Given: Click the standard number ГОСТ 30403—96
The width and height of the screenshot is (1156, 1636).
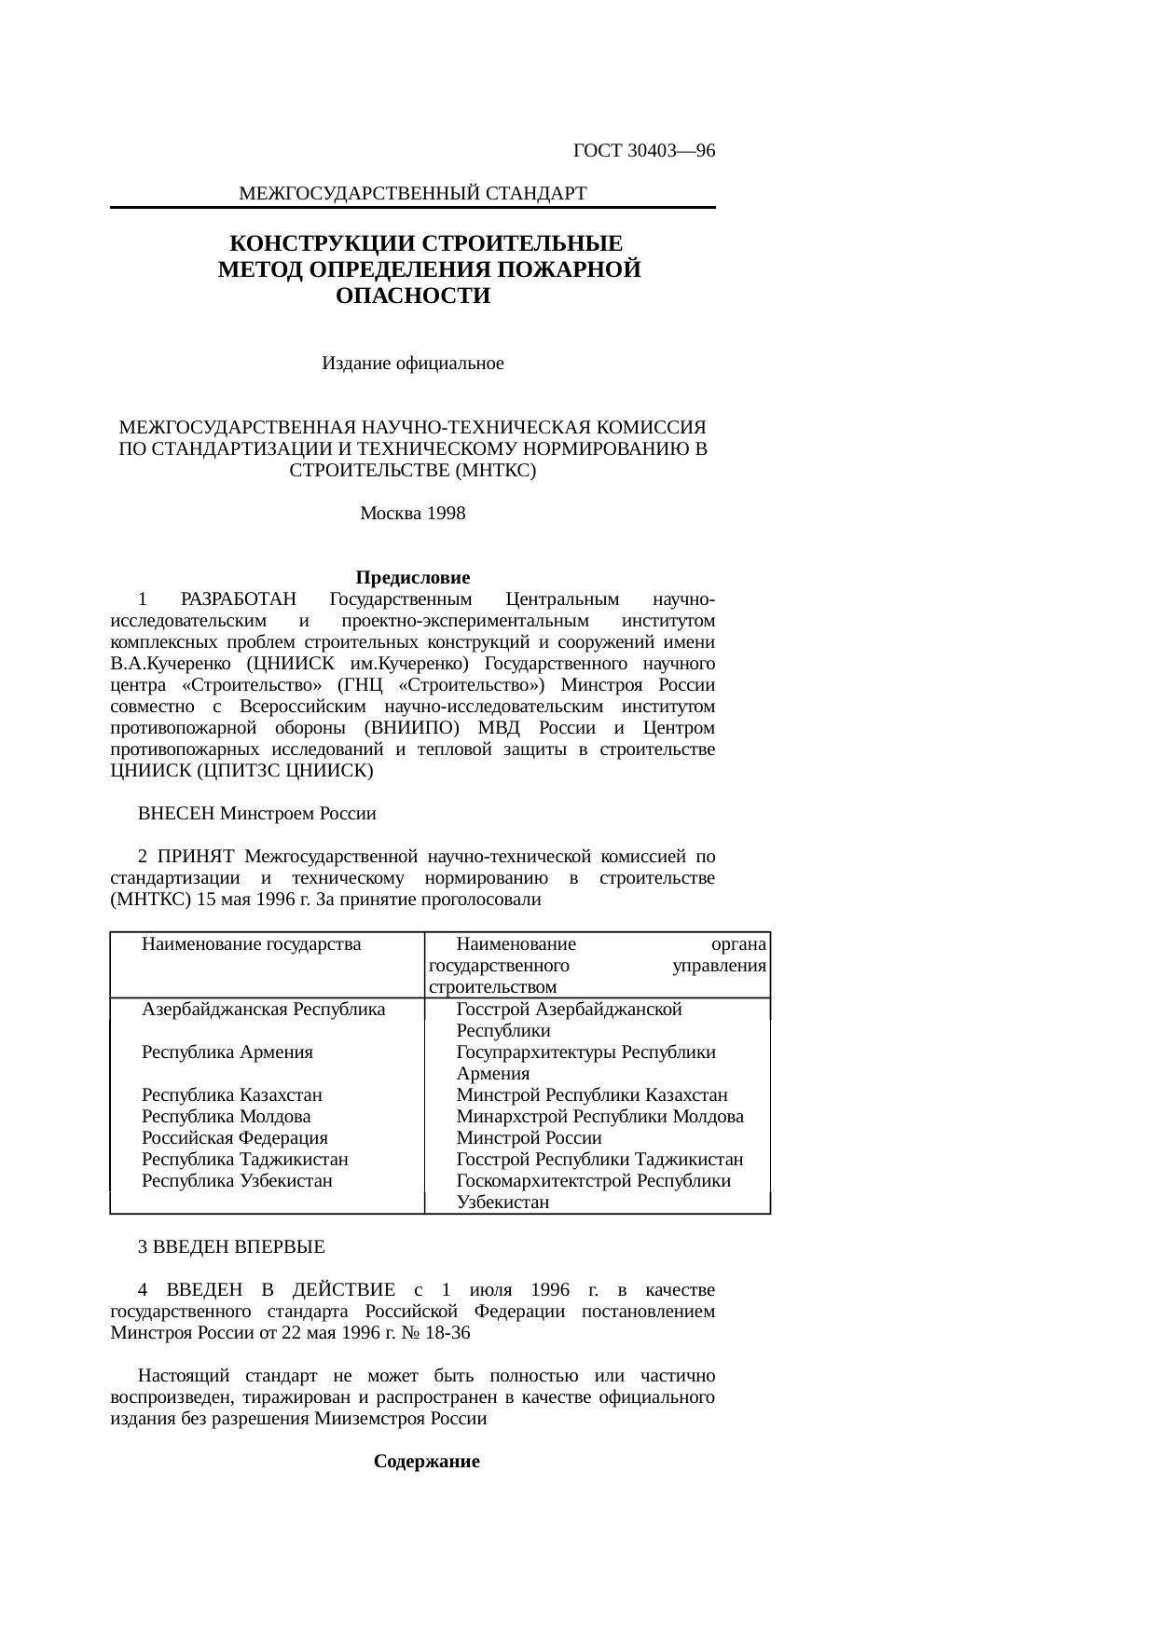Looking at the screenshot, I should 643,151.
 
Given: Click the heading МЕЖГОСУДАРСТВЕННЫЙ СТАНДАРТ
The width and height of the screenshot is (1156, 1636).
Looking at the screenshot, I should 412,194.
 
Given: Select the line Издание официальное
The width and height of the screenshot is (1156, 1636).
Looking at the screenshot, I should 412,364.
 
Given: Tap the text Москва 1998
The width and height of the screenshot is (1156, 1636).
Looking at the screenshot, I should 412,514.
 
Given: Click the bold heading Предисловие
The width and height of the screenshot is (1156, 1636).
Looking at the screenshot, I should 412,578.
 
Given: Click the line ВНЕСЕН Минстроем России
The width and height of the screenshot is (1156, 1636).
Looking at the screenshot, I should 256,814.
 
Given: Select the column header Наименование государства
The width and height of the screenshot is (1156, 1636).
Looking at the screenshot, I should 251,944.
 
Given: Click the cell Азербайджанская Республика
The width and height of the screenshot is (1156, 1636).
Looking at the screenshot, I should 263,1010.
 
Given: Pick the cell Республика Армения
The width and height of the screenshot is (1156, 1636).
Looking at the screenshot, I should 227,1052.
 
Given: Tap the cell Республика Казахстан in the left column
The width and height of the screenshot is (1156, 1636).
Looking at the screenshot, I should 231,1095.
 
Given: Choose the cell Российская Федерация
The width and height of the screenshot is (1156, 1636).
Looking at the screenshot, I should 234,1138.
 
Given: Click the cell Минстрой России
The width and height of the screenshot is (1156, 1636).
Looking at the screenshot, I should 529,1138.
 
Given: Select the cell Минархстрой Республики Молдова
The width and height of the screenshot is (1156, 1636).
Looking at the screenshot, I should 599,1117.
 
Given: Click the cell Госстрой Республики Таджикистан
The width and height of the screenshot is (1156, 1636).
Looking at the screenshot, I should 599,1160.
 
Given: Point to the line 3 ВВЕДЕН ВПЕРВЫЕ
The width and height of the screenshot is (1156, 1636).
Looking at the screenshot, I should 231,1247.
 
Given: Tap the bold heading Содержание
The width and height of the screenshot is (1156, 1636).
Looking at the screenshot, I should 426,1462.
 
